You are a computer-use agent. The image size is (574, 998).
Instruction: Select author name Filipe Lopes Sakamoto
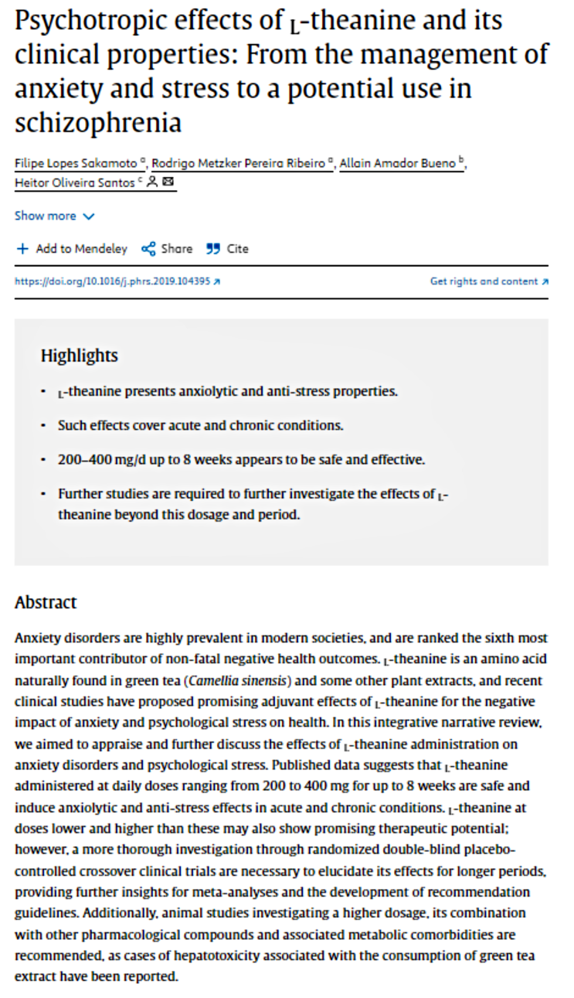click(x=76, y=163)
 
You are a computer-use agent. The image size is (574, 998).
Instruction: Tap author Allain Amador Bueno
click(x=398, y=163)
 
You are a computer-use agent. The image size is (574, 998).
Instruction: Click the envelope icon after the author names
click(x=168, y=183)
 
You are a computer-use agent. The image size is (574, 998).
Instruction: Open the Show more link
click(x=54, y=216)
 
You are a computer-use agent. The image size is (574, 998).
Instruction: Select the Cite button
click(x=228, y=249)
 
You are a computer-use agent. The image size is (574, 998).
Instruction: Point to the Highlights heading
click(x=79, y=356)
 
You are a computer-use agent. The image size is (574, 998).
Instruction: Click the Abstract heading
click(x=46, y=602)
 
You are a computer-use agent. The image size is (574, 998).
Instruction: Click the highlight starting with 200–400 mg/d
click(x=241, y=459)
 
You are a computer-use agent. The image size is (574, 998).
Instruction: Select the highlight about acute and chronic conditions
click(x=200, y=425)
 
